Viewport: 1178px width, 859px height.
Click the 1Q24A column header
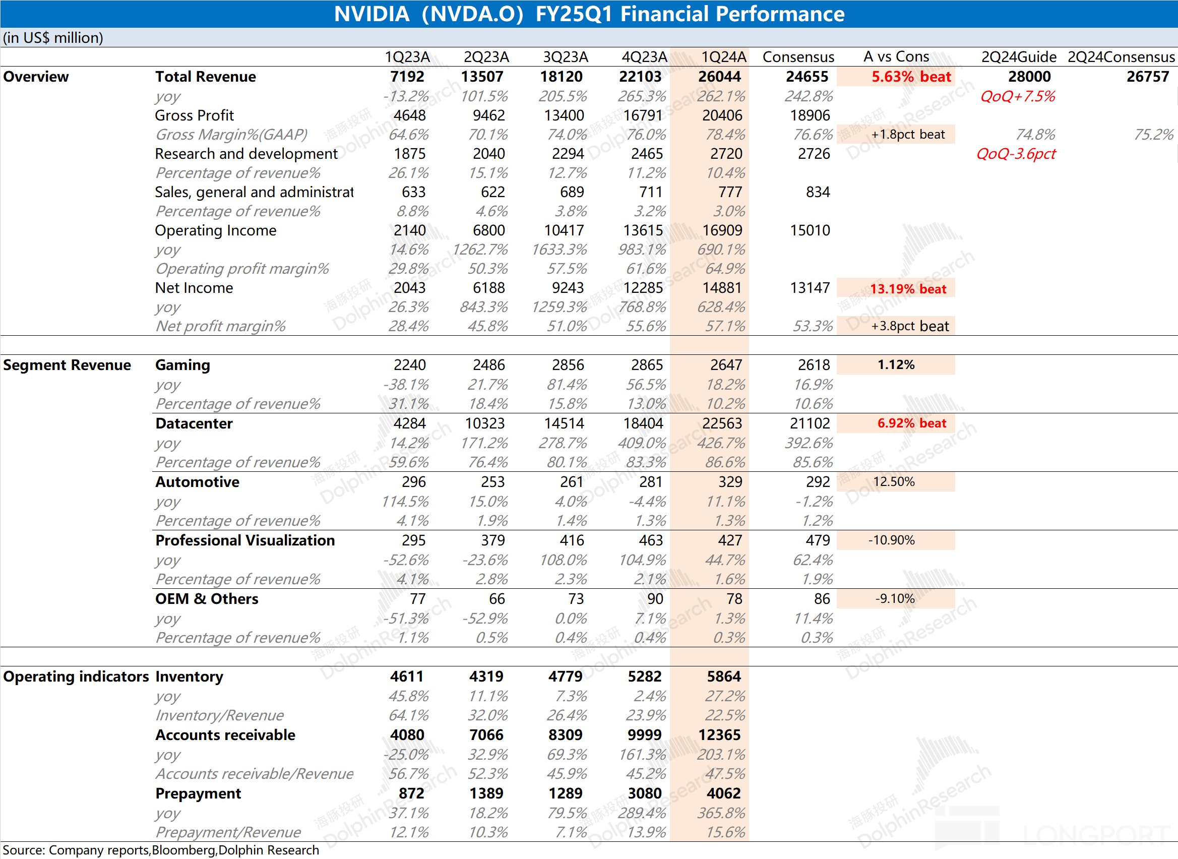pyautogui.click(x=723, y=56)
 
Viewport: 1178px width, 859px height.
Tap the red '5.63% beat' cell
pyautogui.click(x=911, y=77)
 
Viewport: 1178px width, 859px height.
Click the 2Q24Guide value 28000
pyautogui.click(x=1029, y=77)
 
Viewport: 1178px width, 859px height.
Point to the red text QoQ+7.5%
pyautogui.click(x=1017, y=96)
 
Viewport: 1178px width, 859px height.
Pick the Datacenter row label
pyautogui.click(x=194, y=423)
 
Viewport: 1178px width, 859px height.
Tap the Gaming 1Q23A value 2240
pyautogui.click(x=410, y=365)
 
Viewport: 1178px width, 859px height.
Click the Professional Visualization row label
pyautogui.click(x=245, y=540)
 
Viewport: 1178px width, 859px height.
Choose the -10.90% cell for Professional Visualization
pyautogui.click(x=891, y=540)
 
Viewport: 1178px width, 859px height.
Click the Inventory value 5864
pyautogui.click(x=723, y=677)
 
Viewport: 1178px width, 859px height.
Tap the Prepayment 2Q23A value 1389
pyautogui.click(x=486, y=793)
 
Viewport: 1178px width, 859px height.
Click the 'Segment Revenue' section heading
pyautogui.click(x=67, y=365)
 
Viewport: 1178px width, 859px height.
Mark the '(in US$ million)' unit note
pyautogui.click(x=53, y=38)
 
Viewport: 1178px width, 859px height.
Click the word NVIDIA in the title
pyautogui.click(x=371, y=14)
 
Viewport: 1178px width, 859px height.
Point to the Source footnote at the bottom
pyautogui.click(x=161, y=850)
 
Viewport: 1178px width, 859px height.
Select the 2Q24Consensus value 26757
pyautogui.click(x=1147, y=77)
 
